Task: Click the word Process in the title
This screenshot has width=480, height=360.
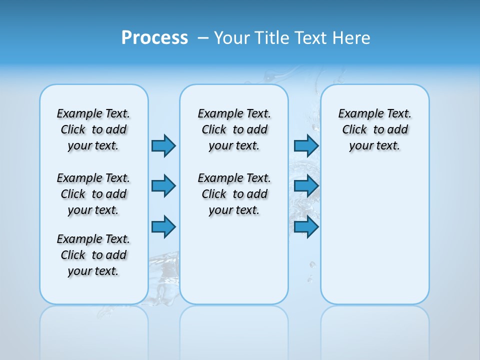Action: point(154,38)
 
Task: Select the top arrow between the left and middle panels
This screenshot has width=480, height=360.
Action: point(163,145)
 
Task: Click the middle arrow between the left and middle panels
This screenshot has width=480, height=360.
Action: point(163,186)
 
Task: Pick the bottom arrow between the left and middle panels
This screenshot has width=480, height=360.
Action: point(163,227)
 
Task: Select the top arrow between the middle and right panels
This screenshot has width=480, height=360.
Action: point(306,145)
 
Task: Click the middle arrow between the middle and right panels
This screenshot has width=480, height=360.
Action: point(306,186)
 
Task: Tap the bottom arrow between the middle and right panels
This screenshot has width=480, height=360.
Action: point(306,227)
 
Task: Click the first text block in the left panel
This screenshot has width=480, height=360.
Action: point(93,129)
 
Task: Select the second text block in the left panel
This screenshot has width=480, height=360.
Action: point(93,194)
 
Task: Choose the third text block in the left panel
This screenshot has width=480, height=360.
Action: point(93,255)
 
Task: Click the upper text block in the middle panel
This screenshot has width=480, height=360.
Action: point(234,129)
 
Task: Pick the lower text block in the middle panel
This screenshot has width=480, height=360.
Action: point(234,194)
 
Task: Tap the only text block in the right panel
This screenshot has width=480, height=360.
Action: point(374,129)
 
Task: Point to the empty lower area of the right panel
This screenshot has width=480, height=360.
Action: point(374,235)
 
